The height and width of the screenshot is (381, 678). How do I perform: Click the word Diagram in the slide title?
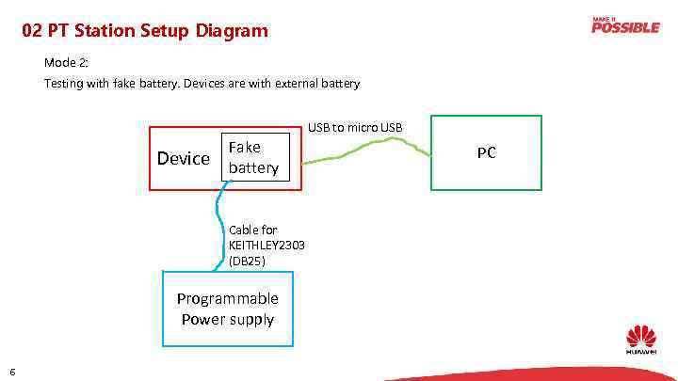coord(233,31)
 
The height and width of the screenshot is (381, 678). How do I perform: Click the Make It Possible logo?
coord(625,25)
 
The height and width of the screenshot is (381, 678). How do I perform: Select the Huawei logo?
coord(641,340)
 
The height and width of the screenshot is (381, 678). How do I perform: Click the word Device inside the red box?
coord(183,158)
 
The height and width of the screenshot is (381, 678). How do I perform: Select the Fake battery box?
coord(253,157)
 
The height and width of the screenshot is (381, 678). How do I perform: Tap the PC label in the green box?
coord(486,152)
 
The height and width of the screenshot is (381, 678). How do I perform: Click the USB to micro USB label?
coord(355,127)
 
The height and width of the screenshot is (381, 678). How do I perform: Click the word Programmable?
coord(228,298)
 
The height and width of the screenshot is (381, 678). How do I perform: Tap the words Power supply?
coord(228,319)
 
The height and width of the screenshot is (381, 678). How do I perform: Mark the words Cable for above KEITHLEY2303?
coord(253,230)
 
